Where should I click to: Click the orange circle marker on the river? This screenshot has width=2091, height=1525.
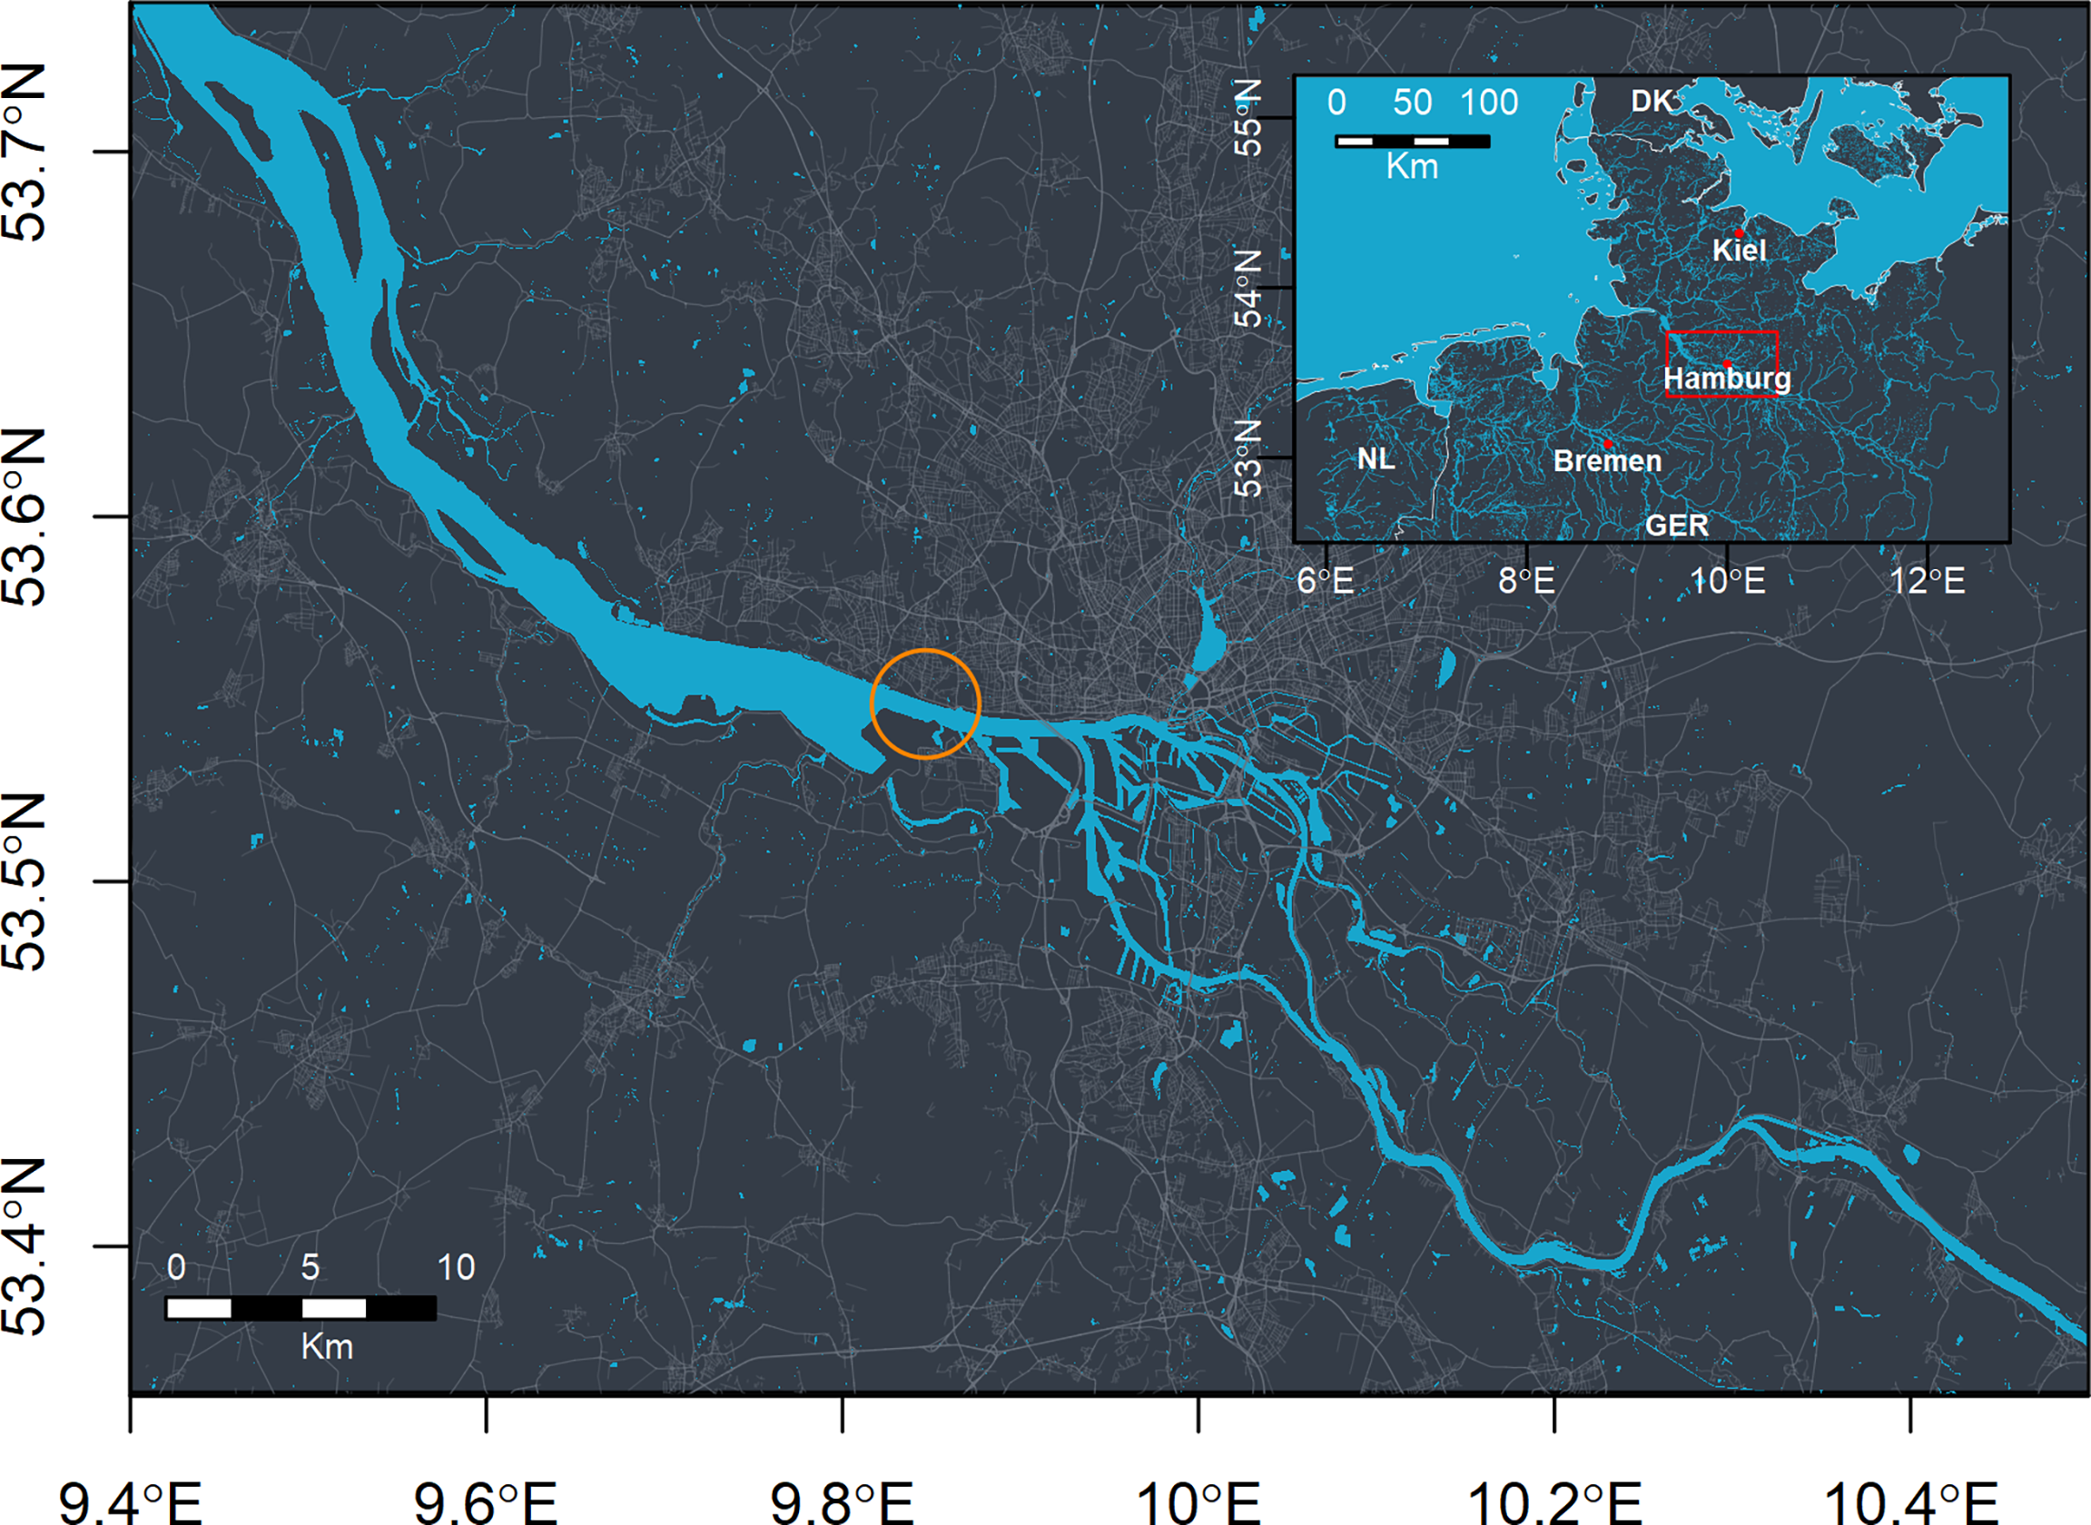point(925,703)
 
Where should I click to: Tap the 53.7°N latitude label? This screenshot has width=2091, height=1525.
point(25,152)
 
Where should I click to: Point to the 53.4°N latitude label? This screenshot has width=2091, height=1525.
point(25,1245)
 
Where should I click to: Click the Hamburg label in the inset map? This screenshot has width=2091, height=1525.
point(1726,379)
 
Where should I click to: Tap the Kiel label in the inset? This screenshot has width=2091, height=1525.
point(1740,251)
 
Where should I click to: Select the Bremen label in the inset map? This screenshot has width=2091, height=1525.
point(1607,460)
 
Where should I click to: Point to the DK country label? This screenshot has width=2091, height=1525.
point(1651,102)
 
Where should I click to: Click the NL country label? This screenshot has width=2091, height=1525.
point(1376,458)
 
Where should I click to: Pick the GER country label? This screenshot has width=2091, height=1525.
point(1676,526)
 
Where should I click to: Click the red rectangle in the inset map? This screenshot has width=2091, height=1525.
point(1721,332)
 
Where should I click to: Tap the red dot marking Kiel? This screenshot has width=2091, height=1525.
point(1740,232)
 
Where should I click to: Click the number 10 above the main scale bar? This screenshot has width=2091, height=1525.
point(456,1267)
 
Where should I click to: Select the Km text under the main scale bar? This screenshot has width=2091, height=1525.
point(327,1347)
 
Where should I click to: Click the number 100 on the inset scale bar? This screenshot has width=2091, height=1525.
point(1488,103)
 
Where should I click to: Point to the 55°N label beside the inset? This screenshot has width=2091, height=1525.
point(1248,117)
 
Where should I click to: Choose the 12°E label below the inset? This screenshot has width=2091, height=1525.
point(1927,581)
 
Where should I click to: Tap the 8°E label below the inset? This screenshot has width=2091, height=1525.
point(1526,581)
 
